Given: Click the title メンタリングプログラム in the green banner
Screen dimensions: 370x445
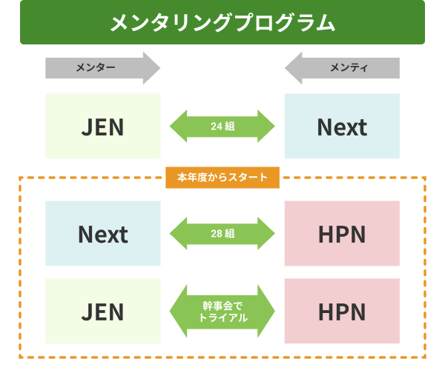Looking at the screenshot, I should click(222, 22).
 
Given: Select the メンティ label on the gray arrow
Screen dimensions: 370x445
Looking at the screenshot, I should click(349, 68).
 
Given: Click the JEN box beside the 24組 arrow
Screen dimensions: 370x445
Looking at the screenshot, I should click(102, 127).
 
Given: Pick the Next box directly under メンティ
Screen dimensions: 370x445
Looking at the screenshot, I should click(342, 127).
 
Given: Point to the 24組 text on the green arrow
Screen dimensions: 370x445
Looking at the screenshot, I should click(222, 127).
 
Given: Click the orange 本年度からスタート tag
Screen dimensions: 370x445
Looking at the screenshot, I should click(222, 178).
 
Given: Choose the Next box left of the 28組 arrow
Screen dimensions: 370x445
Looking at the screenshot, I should click(102, 235).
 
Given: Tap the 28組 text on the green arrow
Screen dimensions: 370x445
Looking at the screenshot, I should click(222, 234).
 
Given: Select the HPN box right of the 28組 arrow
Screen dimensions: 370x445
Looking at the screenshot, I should click(342, 235).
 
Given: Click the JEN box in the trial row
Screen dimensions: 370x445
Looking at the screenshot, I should click(102, 312).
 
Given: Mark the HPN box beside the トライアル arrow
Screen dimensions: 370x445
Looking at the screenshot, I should click(342, 312).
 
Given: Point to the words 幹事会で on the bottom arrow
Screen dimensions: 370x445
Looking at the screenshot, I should click(222, 305).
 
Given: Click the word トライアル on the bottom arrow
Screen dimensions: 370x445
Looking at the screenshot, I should click(222, 317).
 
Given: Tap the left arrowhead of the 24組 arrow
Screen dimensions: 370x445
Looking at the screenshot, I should click(178, 127).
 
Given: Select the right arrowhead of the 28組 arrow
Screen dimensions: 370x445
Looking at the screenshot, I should click(267, 234).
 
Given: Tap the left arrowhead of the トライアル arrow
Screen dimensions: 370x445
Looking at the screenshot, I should click(178, 312).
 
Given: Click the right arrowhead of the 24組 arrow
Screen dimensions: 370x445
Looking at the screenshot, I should click(267, 127).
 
